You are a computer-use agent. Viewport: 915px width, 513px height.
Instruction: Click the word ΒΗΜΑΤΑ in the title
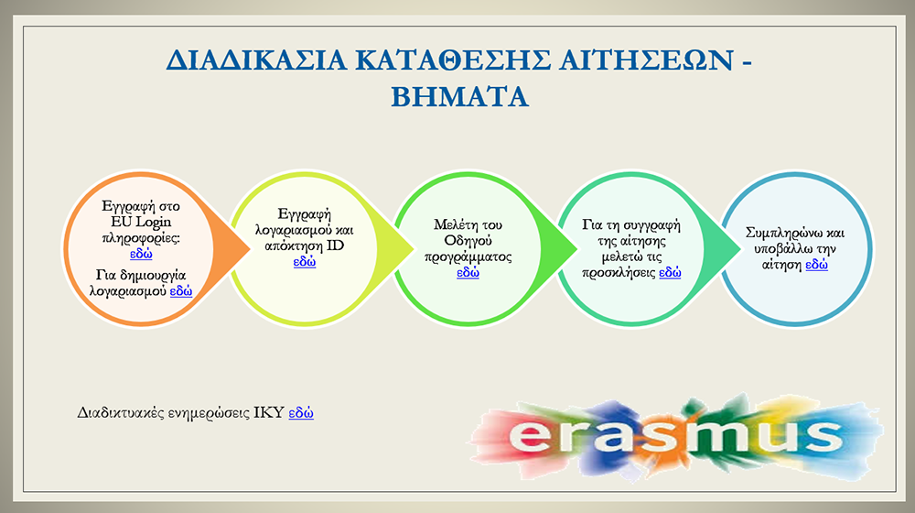[x=460, y=97]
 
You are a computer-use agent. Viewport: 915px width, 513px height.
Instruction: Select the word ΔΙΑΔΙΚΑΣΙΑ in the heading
[x=256, y=60]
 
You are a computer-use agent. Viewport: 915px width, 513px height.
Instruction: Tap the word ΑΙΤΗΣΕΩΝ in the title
[x=645, y=60]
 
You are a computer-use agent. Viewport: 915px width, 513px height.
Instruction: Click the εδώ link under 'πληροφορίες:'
[x=141, y=254]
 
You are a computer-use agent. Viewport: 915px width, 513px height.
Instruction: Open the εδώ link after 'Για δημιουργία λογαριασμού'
[x=181, y=291]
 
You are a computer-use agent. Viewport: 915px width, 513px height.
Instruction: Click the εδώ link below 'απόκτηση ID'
[x=305, y=262]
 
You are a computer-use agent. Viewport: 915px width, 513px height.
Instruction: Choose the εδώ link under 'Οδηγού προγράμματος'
[x=468, y=272]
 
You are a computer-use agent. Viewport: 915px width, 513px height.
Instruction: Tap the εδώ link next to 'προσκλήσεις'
[x=670, y=272]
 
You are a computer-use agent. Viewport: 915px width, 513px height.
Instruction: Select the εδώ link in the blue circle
[x=816, y=265]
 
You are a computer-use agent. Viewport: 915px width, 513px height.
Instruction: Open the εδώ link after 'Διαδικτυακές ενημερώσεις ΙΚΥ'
[x=301, y=413]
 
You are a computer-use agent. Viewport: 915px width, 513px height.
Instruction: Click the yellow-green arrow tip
[x=414, y=249]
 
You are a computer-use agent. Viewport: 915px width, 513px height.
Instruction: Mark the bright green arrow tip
[x=576, y=249]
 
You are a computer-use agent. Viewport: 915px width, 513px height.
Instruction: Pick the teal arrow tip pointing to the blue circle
[x=740, y=249]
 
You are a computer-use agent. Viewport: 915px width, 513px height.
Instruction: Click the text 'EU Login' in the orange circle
[x=141, y=222]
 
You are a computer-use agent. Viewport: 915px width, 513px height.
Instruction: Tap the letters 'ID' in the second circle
[x=335, y=246]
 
